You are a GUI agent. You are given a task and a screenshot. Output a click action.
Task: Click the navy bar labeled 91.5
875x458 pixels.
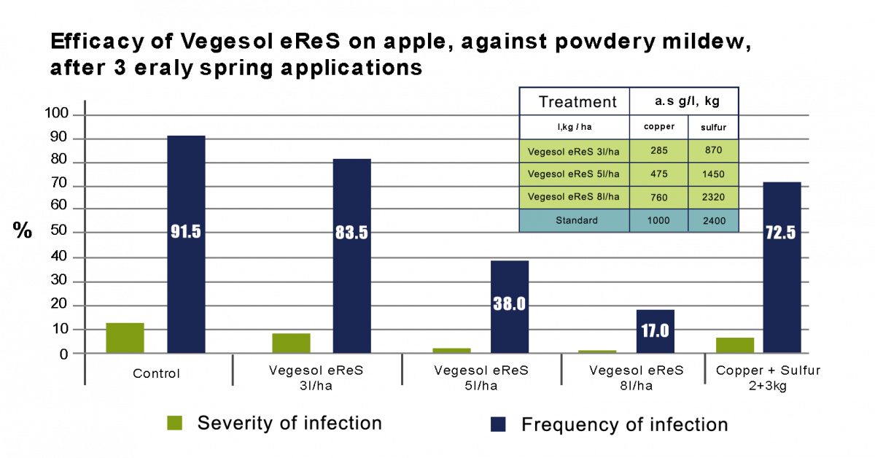[186, 244]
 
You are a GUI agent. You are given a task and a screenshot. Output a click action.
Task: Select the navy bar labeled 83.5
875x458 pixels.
[351, 255]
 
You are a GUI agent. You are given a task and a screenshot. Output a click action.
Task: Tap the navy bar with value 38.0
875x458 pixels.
[510, 306]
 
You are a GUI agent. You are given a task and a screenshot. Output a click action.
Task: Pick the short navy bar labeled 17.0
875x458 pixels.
[655, 331]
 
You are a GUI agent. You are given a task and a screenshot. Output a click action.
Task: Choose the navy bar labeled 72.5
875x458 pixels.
[782, 267]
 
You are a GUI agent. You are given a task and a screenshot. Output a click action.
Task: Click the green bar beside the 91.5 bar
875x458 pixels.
[125, 338]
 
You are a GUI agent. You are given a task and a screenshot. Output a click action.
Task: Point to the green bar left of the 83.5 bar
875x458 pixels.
[291, 343]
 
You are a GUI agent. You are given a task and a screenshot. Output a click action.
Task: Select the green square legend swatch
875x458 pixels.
[174, 423]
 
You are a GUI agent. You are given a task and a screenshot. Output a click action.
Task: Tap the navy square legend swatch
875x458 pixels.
[498, 424]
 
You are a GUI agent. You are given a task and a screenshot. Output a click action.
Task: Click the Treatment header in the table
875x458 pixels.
[574, 101]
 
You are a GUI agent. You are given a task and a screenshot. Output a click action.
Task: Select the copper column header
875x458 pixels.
[658, 127]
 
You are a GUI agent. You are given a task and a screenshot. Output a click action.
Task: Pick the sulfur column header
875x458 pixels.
[712, 127]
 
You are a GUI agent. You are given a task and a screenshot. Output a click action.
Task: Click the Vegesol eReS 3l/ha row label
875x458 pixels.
[574, 152]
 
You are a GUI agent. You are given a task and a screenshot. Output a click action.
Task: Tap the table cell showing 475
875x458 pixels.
[658, 174]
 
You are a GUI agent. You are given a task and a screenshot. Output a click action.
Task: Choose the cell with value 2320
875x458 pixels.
[712, 197]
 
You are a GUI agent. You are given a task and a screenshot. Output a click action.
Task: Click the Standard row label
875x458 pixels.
[574, 220]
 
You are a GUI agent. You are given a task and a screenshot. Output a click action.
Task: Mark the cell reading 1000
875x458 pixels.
[658, 220]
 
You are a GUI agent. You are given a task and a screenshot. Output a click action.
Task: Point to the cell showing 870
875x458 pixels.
[712, 152]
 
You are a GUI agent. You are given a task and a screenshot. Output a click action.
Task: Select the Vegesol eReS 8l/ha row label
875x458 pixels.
[574, 197]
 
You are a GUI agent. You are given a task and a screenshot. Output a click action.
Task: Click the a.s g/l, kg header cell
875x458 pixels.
[684, 101]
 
